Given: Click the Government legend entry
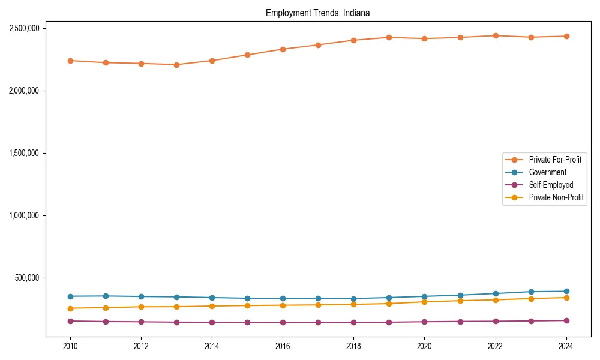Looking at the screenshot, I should pyautogui.click(x=547, y=172).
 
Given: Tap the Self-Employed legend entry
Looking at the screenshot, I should pyautogui.click(x=551, y=185).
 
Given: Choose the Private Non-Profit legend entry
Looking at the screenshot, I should pyautogui.click(x=556, y=197).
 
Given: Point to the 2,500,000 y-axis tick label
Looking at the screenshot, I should pyautogui.click(x=25, y=28).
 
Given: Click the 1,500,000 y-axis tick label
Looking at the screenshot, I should pyautogui.click(x=25, y=153).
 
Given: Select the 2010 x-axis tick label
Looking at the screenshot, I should pyautogui.click(x=70, y=346).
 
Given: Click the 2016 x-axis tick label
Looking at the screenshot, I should pyautogui.click(x=283, y=346).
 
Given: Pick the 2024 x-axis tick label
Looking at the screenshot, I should pyautogui.click(x=566, y=346).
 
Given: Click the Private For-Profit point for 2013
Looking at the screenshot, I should pyautogui.click(x=176, y=65).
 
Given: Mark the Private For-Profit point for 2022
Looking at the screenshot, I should pyautogui.click(x=496, y=35).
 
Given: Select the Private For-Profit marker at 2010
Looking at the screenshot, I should pyautogui.click(x=70, y=61).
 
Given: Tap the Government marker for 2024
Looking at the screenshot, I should pyautogui.click(x=566, y=292).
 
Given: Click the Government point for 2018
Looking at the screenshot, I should pyautogui.click(x=353, y=299).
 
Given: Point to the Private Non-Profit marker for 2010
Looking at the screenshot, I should pyautogui.click(x=70, y=308).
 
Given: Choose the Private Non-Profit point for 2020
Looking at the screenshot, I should pyautogui.click(x=424, y=302).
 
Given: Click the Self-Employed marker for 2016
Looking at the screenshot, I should pyautogui.click(x=283, y=323).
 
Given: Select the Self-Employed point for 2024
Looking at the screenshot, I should pyautogui.click(x=566, y=320).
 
